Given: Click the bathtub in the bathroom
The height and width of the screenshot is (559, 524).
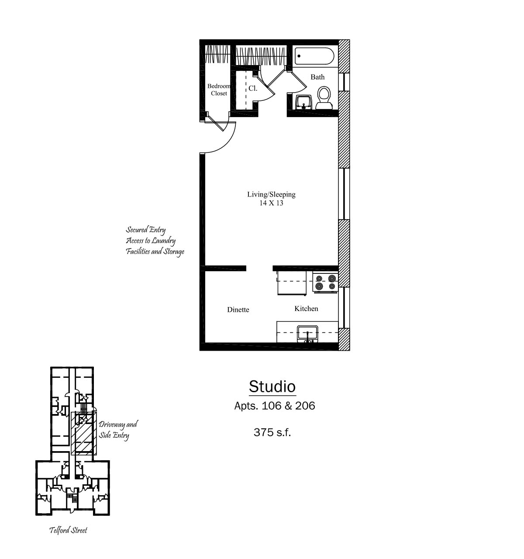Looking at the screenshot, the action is pos(314,56).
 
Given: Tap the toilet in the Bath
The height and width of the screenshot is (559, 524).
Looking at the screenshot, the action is pos(324,98).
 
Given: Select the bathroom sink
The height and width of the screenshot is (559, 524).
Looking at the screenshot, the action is pos(303,102).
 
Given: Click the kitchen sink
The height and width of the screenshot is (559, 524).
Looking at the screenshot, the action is pos(307,334).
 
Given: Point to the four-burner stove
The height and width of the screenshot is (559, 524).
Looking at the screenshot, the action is pos(325,282).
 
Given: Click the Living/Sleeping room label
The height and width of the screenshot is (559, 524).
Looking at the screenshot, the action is pos(271,194).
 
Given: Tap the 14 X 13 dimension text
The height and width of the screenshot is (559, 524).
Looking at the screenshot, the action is pos(271,203).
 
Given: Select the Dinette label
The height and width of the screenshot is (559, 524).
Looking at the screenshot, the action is pos(238,310).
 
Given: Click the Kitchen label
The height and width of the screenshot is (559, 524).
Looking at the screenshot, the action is pos(306,308).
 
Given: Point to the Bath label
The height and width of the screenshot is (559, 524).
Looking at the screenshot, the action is pos(317,77).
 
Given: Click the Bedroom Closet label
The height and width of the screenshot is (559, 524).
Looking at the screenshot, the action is pos(219,90).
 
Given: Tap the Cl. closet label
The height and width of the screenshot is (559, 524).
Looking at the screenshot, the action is pos(252,88).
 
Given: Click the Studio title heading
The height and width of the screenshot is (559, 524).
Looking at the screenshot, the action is pos(272,386).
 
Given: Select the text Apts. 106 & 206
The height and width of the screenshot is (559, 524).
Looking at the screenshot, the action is pos(275,406).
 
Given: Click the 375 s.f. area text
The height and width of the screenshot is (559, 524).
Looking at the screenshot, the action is pos(272,432).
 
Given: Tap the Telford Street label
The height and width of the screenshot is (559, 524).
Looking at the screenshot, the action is pos(69,530).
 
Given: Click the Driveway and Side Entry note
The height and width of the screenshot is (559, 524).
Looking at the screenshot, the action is pos(118,430).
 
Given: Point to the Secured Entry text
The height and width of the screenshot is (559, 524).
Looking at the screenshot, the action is pos(145,230).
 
